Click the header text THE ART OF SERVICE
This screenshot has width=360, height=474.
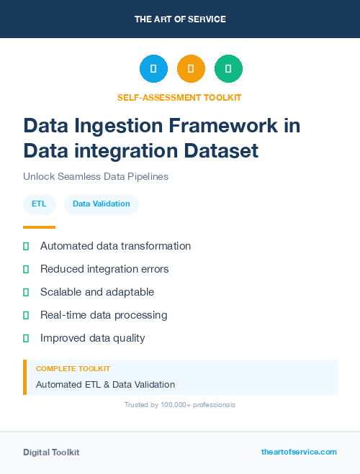pos(180,19)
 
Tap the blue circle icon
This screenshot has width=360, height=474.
pos(153,68)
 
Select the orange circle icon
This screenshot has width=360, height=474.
pos(191,68)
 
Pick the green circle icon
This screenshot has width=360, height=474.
pos(228,68)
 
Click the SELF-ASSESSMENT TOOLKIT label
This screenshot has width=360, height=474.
pos(179,97)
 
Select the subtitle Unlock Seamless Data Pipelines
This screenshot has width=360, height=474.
pos(96,176)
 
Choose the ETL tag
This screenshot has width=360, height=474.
pos(39,204)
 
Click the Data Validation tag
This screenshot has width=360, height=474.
pos(101,204)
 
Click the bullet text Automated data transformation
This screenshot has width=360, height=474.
pos(115,246)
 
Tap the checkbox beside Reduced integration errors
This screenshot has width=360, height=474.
pos(26,269)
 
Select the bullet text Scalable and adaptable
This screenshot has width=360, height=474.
pos(97,292)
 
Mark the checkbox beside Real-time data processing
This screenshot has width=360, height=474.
pos(26,315)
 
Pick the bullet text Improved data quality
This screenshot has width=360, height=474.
pos(92,338)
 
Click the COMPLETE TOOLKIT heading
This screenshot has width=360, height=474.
pos(73,368)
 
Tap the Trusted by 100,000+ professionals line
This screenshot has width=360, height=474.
pos(180,405)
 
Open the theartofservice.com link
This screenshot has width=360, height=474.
pos(299,452)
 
